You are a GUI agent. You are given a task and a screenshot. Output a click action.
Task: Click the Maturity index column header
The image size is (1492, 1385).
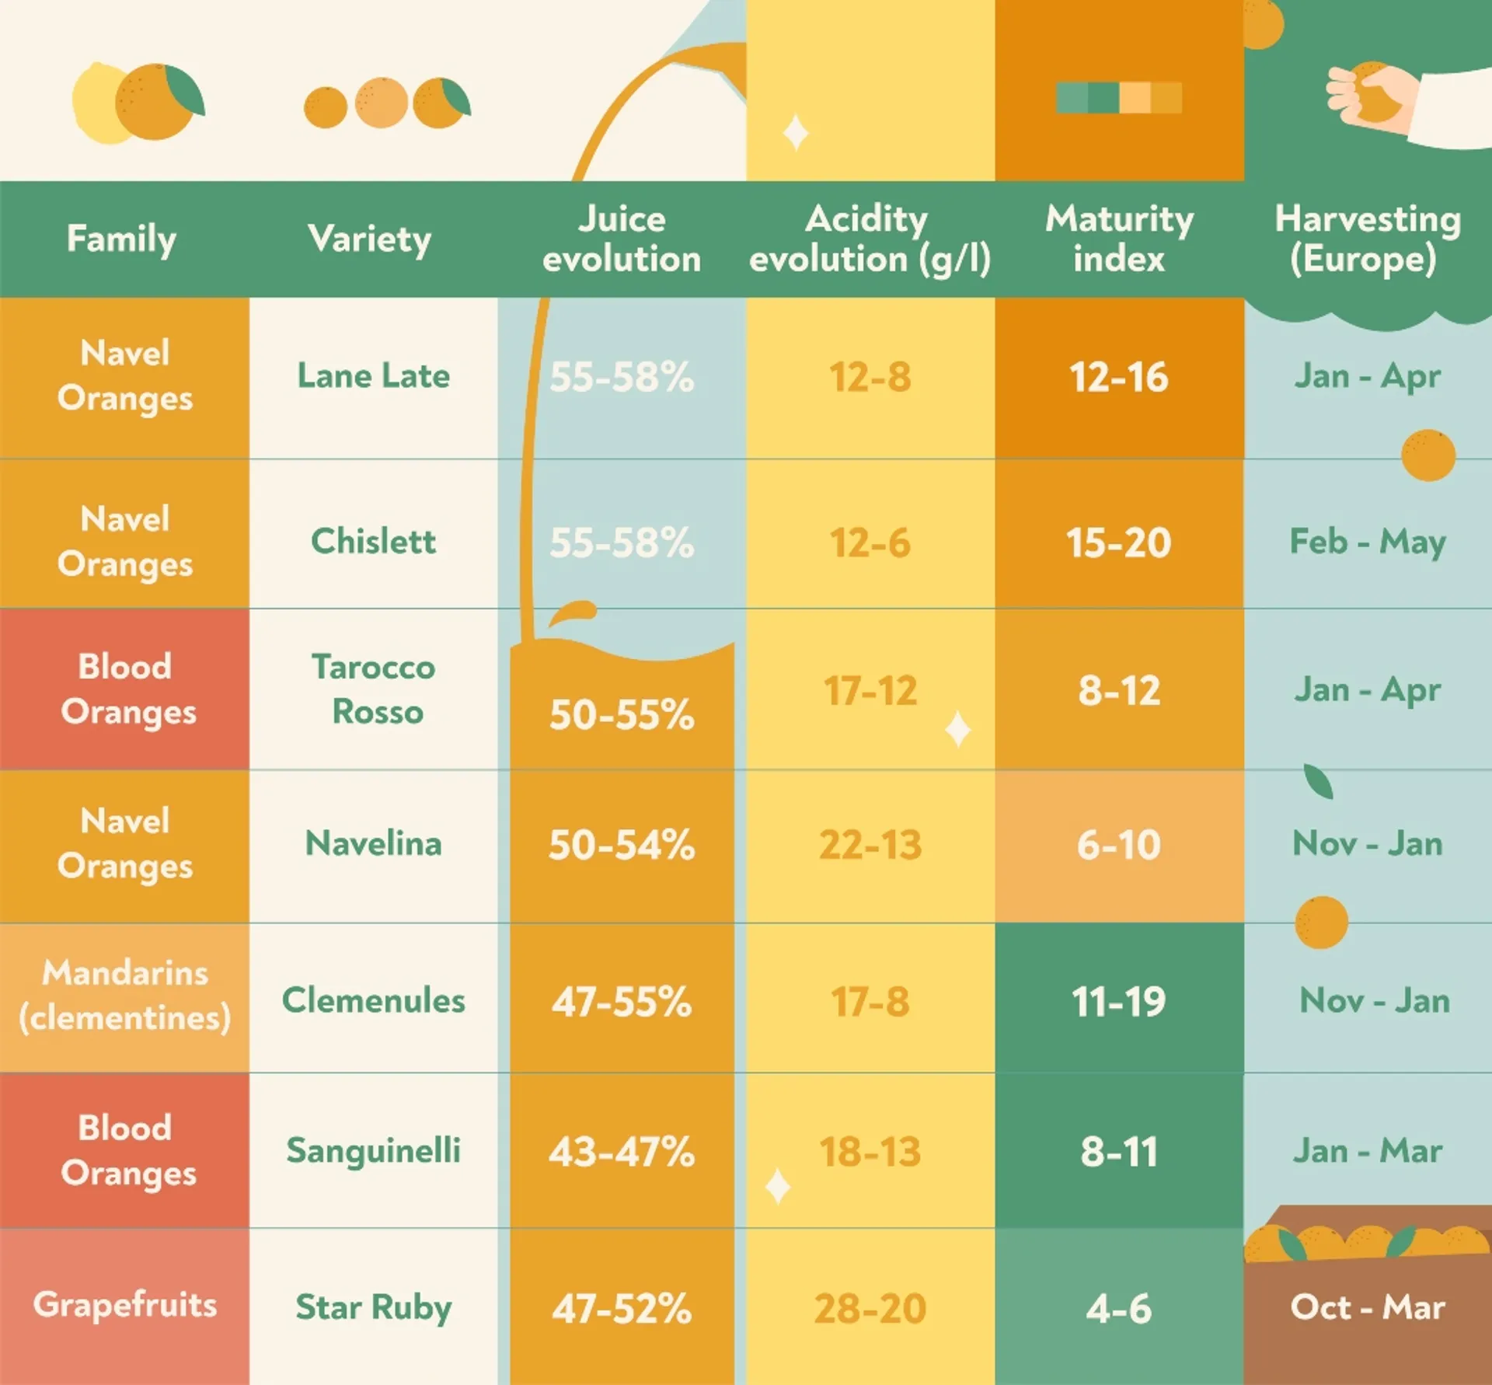[x=1119, y=239]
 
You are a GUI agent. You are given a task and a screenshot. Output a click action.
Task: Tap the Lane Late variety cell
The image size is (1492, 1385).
[x=373, y=377]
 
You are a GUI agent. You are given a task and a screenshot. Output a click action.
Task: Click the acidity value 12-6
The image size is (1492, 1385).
[x=870, y=542]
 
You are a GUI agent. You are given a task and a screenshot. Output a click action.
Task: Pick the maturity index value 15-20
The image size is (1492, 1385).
[x=1118, y=542]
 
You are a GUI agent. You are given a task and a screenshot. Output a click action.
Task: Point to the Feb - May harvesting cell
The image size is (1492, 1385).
[x=1367, y=542]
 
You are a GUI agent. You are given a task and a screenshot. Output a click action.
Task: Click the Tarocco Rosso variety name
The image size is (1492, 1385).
[x=374, y=689]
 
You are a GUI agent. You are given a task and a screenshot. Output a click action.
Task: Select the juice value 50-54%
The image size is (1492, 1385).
[x=622, y=845]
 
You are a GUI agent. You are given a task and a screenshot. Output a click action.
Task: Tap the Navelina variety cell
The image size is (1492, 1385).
[x=373, y=844]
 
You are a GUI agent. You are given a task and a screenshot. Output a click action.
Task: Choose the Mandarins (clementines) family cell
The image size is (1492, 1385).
[x=124, y=996]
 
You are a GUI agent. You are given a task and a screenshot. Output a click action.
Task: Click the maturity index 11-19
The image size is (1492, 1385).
[x=1118, y=1001]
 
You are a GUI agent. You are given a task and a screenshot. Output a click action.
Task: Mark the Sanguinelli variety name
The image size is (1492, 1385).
[x=373, y=1151]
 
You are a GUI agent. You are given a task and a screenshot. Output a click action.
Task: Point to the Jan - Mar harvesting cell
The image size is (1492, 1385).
[x=1367, y=1151]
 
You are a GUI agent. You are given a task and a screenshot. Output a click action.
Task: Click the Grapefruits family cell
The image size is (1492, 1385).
[x=124, y=1305]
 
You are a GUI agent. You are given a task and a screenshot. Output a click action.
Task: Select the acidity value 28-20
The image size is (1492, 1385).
[x=870, y=1308]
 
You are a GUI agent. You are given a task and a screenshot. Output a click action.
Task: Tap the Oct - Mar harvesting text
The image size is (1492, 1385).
[x=1367, y=1307]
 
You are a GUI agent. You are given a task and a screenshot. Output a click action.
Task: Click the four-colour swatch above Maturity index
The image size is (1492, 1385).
[x=1119, y=98]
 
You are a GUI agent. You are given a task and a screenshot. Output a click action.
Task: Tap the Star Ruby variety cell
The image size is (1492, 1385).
[x=373, y=1307]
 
